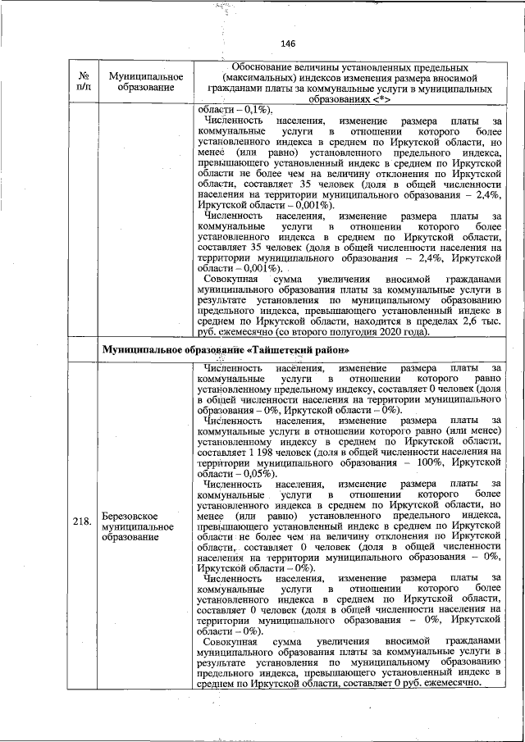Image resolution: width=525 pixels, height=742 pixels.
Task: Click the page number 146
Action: click(x=287, y=43)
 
